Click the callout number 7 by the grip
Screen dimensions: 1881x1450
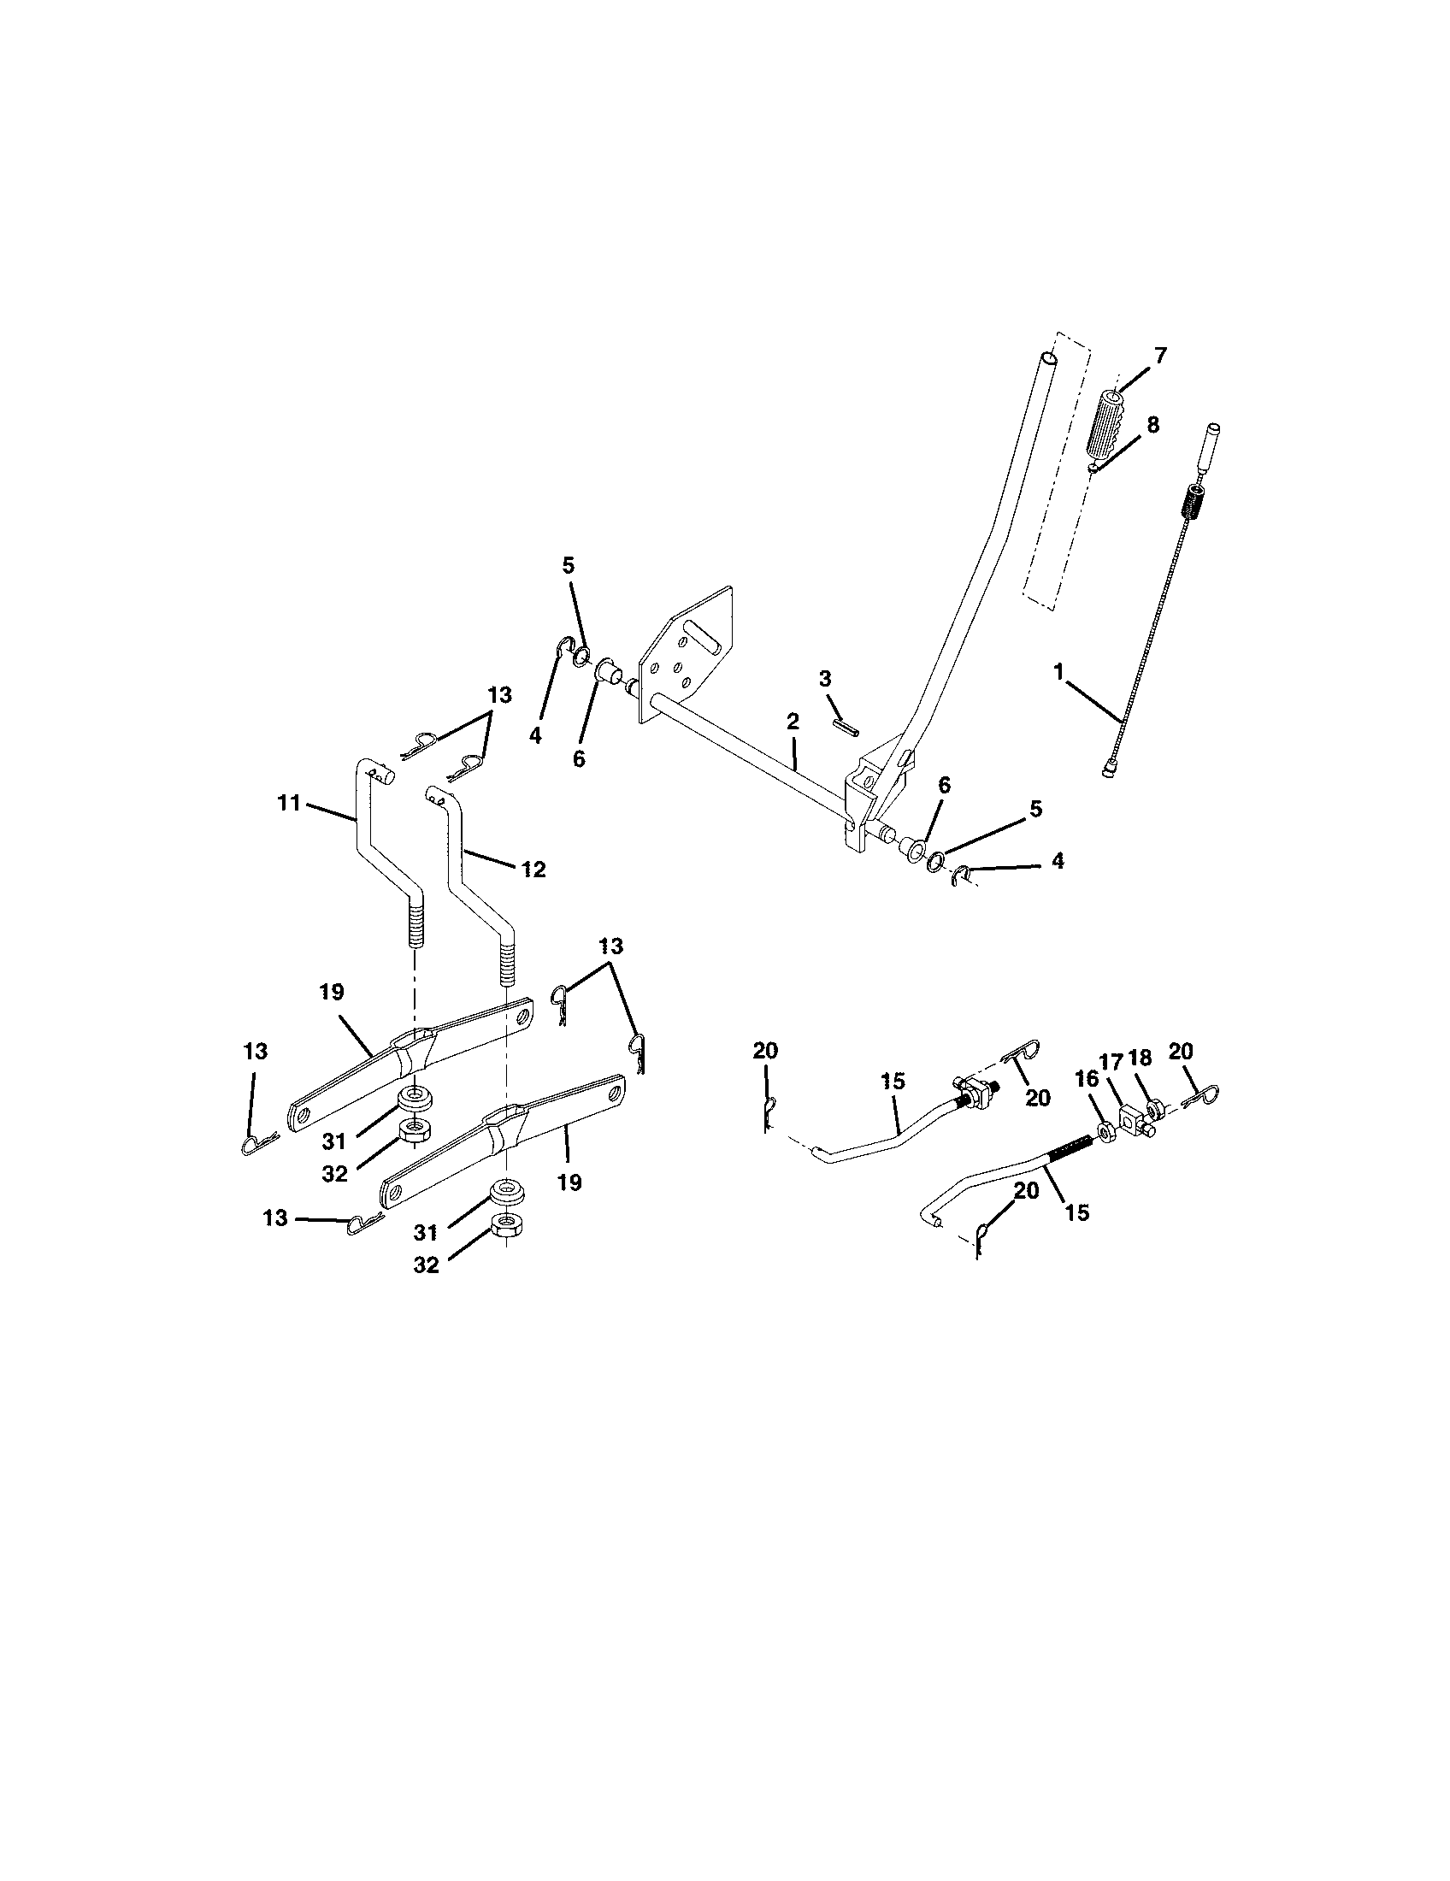(x=1160, y=356)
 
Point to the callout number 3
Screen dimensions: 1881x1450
(x=825, y=679)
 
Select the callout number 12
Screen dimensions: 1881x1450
(x=533, y=869)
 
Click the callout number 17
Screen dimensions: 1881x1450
(x=1111, y=1060)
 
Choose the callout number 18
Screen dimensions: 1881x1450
(x=1140, y=1058)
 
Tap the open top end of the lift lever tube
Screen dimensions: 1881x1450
(x=1048, y=357)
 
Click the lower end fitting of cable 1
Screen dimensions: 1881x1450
(x=1110, y=773)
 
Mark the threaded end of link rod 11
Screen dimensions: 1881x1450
(x=416, y=923)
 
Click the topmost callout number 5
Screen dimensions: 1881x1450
(x=568, y=566)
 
